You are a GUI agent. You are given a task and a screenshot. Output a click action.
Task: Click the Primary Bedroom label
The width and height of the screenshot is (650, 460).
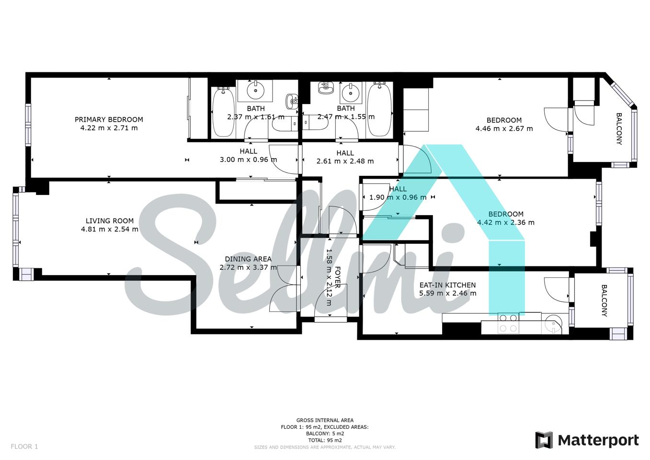click(x=109, y=120)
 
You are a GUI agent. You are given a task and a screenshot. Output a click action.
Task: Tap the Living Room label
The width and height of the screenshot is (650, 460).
click(x=110, y=221)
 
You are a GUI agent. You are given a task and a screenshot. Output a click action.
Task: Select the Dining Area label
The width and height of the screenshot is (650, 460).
click(x=249, y=259)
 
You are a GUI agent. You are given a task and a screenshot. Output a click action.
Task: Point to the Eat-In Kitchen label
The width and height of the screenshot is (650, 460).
click(x=448, y=285)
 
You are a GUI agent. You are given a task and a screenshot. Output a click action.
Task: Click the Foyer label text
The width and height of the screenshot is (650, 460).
click(x=338, y=277)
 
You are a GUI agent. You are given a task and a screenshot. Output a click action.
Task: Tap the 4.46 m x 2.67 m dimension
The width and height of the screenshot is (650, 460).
click(x=504, y=128)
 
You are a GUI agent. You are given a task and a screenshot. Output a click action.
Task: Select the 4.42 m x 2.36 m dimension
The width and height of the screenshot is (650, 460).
click(x=506, y=223)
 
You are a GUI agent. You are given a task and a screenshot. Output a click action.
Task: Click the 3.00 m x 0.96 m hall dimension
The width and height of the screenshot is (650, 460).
click(x=249, y=160)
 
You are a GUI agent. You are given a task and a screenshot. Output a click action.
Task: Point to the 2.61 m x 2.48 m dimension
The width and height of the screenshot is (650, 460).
click(x=345, y=161)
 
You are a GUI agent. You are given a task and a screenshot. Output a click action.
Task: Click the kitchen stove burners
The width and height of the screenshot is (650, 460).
click(x=508, y=323)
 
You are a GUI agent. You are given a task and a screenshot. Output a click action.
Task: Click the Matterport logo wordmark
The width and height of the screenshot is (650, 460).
click(x=598, y=440)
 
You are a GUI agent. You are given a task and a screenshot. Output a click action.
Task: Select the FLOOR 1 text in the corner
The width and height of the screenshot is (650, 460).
click(x=24, y=447)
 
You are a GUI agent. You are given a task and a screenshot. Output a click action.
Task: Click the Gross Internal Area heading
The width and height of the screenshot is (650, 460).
click(x=325, y=420)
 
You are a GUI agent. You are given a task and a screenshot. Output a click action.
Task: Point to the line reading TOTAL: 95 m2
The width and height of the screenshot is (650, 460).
click(x=325, y=440)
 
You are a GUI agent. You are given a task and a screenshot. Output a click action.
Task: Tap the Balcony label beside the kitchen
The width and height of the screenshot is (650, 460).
click(x=604, y=300)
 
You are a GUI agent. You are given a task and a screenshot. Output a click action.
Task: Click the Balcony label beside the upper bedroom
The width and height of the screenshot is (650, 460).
click(x=619, y=129)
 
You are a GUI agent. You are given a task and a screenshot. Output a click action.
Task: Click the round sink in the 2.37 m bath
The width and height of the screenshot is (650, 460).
click(x=256, y=91)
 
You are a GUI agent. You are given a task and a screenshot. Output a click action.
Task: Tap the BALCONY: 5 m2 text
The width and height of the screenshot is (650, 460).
click(x=325, y=434)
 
